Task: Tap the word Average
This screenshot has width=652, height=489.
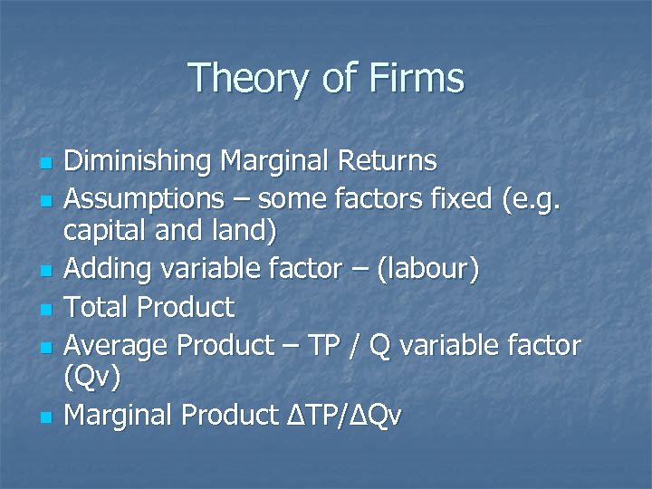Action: pyautogui.click(x=117, y=344)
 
